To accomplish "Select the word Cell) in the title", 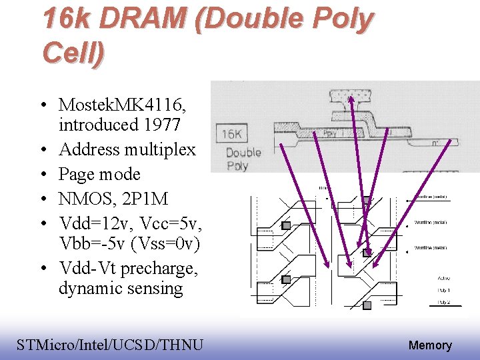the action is [72, 52].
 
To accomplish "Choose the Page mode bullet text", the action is [99, 174].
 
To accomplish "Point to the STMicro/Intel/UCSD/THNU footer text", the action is [110, 345].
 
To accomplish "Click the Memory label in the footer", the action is [430, 345].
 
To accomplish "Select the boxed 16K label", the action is [231, 135].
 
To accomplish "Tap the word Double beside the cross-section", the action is [243, 152].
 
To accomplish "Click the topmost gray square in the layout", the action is [367, 200].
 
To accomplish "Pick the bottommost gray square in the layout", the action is [367, 305].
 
